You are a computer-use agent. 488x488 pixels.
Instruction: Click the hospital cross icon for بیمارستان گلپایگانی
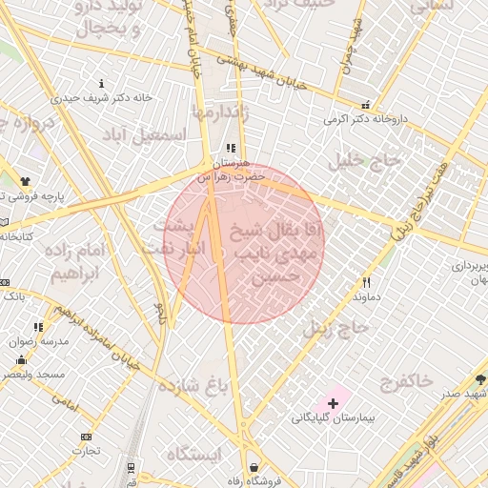coord(332,404)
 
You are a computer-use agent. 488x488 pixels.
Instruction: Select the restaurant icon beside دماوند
coord(367,282)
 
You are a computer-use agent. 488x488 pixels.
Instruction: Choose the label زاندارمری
coord(222,112)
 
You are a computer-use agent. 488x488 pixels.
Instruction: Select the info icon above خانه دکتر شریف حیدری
coord(102,84)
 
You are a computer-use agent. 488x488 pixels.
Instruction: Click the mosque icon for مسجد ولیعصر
coord(21,359)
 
